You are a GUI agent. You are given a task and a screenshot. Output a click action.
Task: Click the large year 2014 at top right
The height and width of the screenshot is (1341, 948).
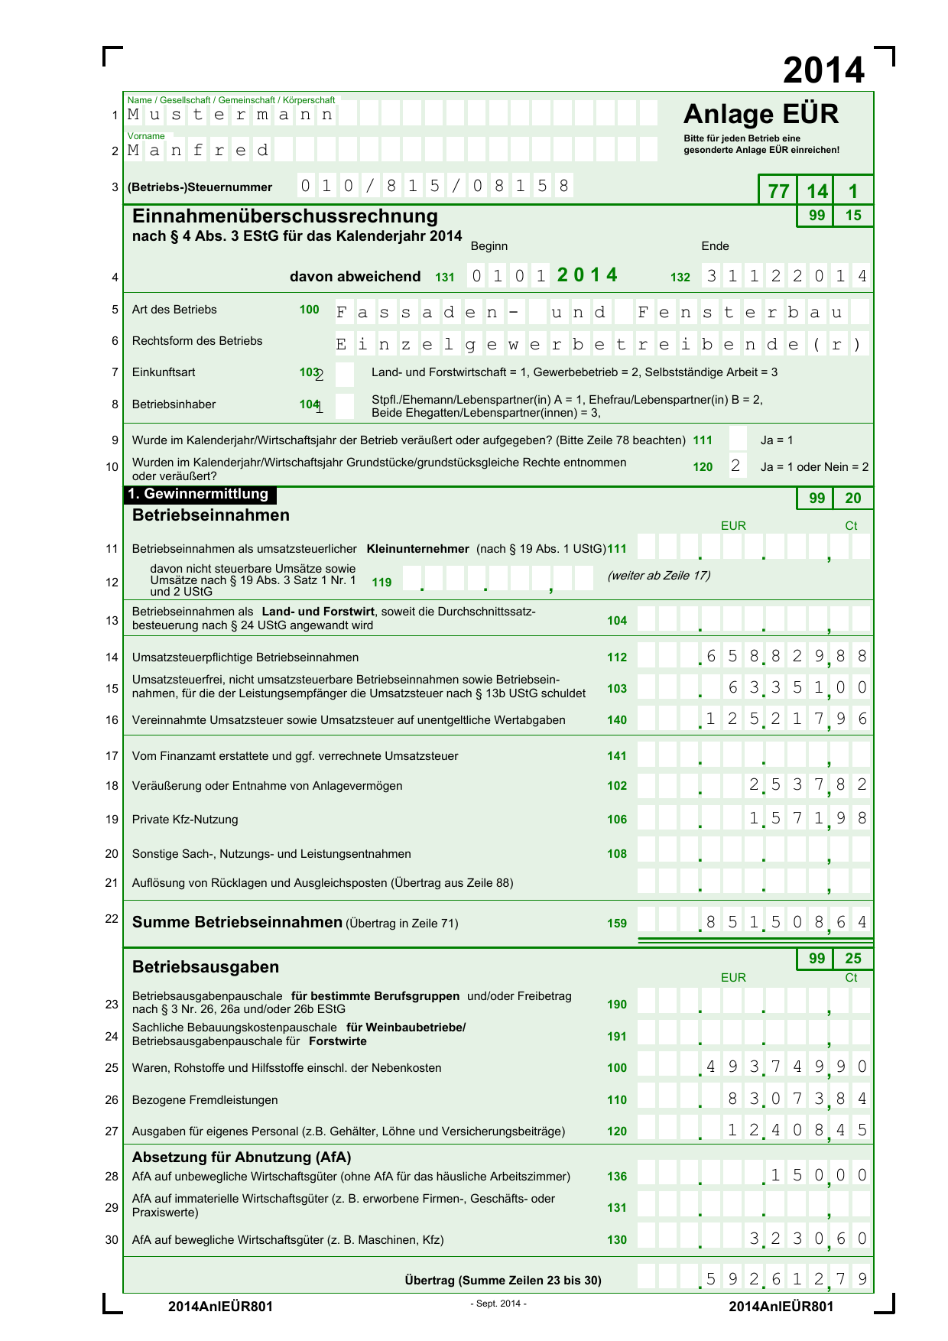[823, 70]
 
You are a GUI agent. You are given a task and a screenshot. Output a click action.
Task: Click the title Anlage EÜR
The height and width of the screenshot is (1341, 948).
[761, 114]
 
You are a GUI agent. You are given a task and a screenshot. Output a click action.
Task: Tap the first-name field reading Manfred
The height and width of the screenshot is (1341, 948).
[199, 150]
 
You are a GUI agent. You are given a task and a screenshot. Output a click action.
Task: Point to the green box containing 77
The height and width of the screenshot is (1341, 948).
[778, 191]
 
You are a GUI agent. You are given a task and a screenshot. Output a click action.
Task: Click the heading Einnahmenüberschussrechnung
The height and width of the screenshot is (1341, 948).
[285, 216]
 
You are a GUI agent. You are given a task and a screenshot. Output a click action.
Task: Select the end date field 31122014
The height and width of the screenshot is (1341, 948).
[786, 276]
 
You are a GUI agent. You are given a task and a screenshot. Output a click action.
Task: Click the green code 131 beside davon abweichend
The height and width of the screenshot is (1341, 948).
[445, 278]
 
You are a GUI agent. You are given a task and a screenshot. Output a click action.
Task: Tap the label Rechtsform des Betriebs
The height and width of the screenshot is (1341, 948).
[197, 341]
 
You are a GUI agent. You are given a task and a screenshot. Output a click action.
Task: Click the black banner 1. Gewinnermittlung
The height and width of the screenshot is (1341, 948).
[200, 494]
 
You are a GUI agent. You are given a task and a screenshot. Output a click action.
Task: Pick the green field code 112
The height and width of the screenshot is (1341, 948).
[617, 658]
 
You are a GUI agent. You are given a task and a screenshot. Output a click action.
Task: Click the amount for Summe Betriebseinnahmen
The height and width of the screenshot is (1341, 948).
[786, 922]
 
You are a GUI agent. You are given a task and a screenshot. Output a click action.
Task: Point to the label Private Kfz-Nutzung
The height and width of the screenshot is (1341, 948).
[185, 820]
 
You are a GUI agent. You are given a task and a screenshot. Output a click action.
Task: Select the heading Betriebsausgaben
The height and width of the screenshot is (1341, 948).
[206, 967]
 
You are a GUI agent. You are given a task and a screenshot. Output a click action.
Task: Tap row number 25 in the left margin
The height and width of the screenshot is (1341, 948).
[112, 1068]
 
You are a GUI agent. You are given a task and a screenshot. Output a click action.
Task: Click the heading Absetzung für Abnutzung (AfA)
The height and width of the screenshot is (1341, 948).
[242, 1157]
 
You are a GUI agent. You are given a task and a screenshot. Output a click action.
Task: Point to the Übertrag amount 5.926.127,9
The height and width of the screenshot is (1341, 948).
[786, 1279]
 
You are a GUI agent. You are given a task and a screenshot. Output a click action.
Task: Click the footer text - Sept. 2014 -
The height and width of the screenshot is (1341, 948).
[498, 1304]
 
